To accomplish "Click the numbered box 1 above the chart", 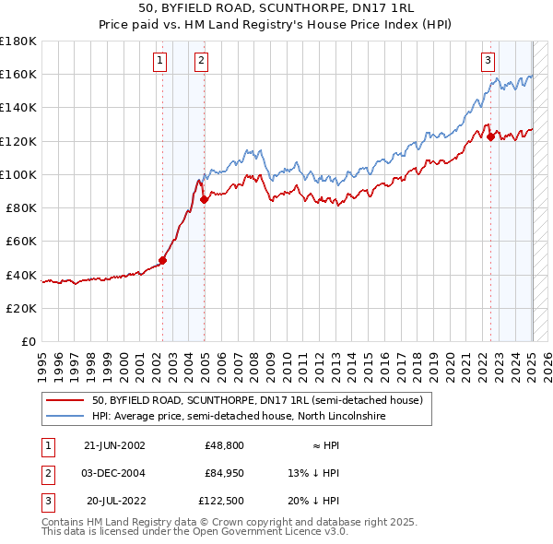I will tap(160, 62).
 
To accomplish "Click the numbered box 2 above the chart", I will tap(201, 62).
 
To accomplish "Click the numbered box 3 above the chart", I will tap(488, 62).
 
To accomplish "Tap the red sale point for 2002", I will tap(163, 260).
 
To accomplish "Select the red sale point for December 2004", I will tap(204, 199).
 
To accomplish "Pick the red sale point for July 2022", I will tap(490, 136).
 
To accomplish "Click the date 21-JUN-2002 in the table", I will tap(114, 444).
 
